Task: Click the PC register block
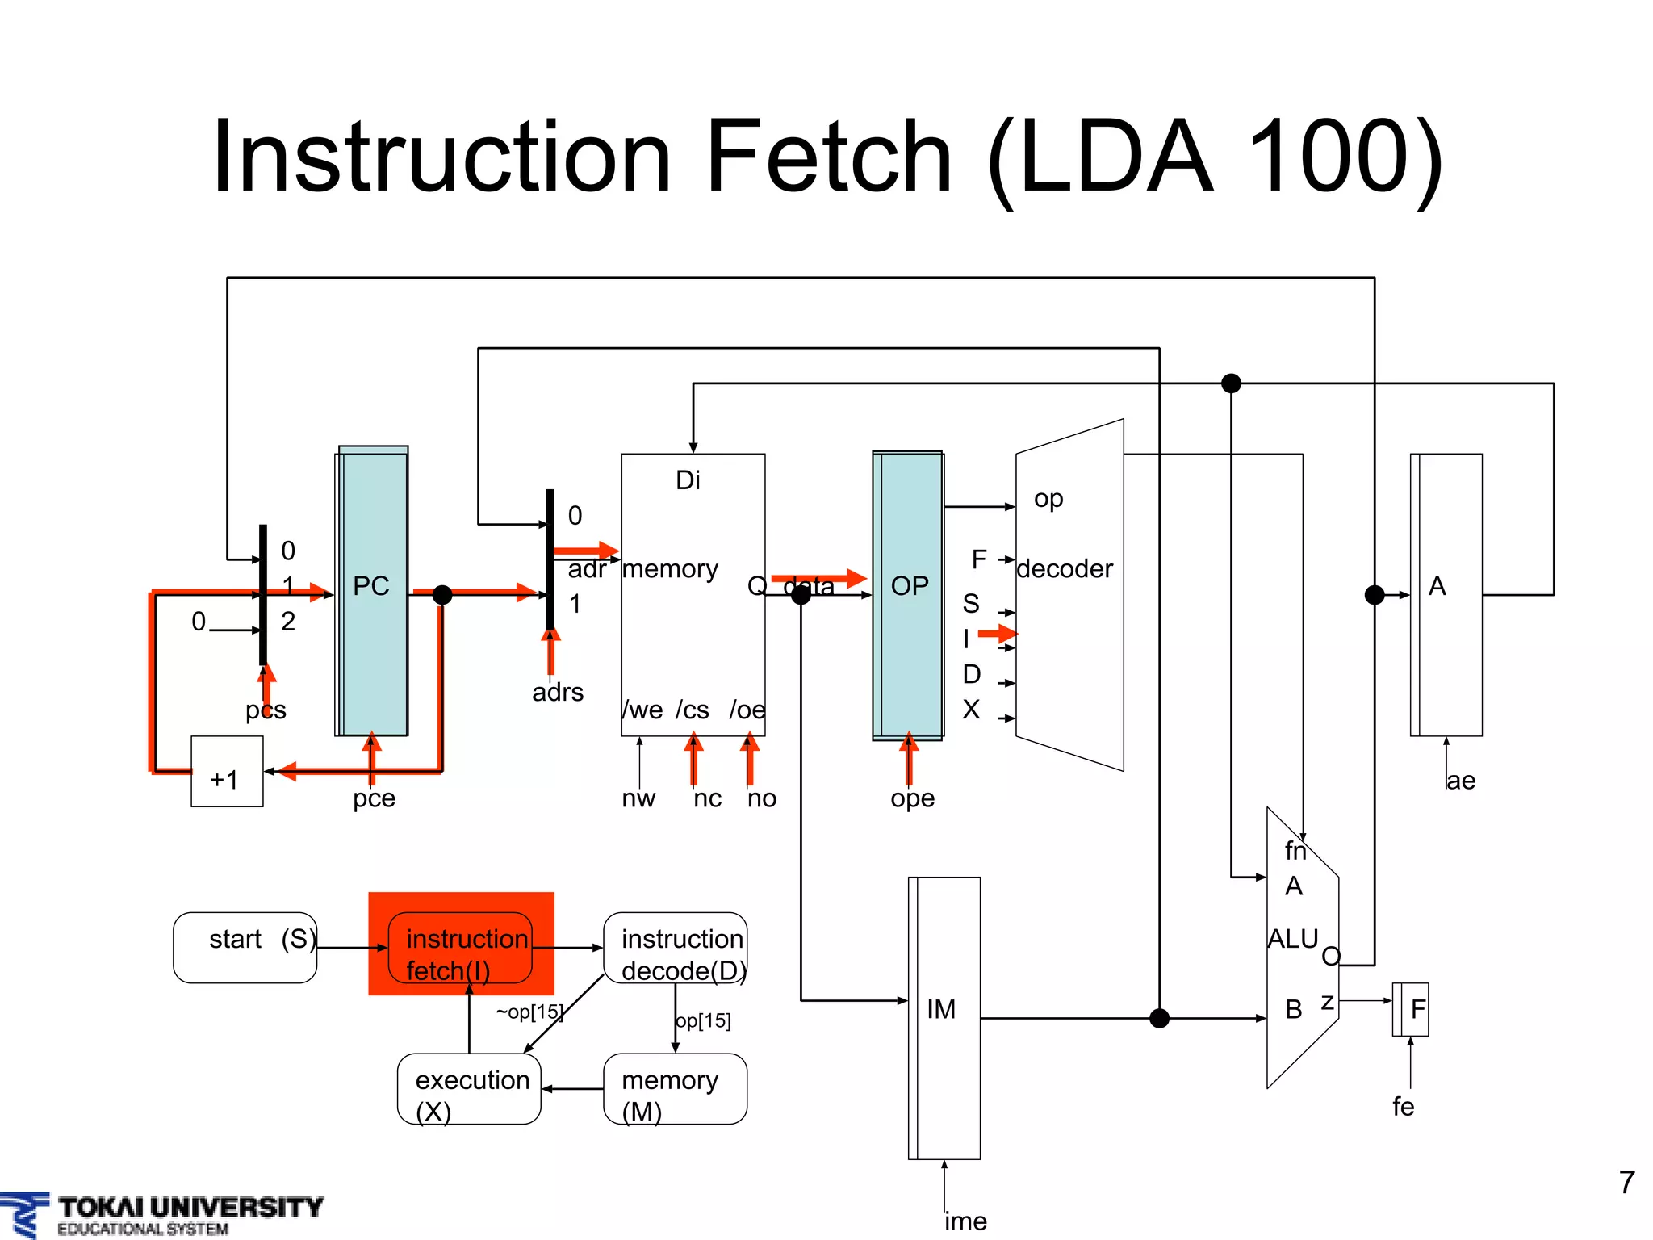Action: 372,590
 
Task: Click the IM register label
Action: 941,1009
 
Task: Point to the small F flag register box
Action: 1411,1009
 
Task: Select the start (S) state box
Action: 245,947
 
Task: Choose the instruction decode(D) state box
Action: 676,948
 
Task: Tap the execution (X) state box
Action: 469,1088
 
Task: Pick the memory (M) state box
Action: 676,1088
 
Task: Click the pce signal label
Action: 374,798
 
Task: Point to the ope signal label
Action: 912,798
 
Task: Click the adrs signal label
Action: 558,693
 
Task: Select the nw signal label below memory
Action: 638,798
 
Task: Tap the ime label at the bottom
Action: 965,1221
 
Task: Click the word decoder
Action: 1065,569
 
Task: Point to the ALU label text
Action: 1292,939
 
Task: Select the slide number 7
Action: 1626,1183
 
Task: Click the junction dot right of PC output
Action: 442,595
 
